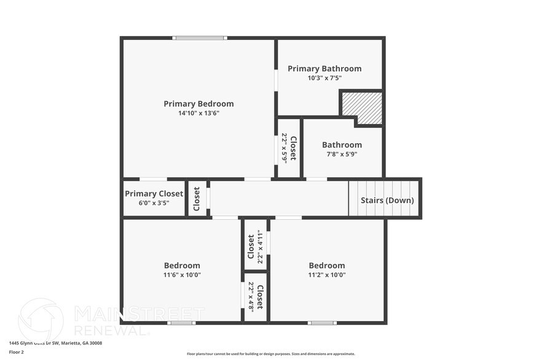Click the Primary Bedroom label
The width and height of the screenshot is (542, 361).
coord(198,104)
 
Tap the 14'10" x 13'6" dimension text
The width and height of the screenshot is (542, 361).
coord(198,113)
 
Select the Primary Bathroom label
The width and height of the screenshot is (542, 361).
coord(324,69)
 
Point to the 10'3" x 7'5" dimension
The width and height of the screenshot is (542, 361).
coord(324,78)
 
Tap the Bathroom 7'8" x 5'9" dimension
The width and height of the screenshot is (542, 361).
coord(342,154)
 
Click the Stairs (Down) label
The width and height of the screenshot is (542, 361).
coord(387,200)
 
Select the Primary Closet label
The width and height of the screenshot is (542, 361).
coord(154,193)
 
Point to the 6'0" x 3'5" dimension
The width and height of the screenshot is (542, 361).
coord(154,203)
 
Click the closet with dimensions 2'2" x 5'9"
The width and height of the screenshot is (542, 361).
coord(289,148)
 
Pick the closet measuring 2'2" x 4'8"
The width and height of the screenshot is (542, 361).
coord(255,297)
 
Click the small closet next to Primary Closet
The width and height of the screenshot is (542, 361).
coord(197,199)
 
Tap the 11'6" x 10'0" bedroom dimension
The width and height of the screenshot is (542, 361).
coord(182,274)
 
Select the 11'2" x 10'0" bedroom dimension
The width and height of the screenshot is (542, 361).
coord(327,274)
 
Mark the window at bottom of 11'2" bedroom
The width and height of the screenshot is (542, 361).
coord(322,323)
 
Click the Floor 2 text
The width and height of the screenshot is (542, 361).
coord(16,352)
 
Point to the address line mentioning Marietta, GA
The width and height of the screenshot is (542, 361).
coord(55,343)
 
